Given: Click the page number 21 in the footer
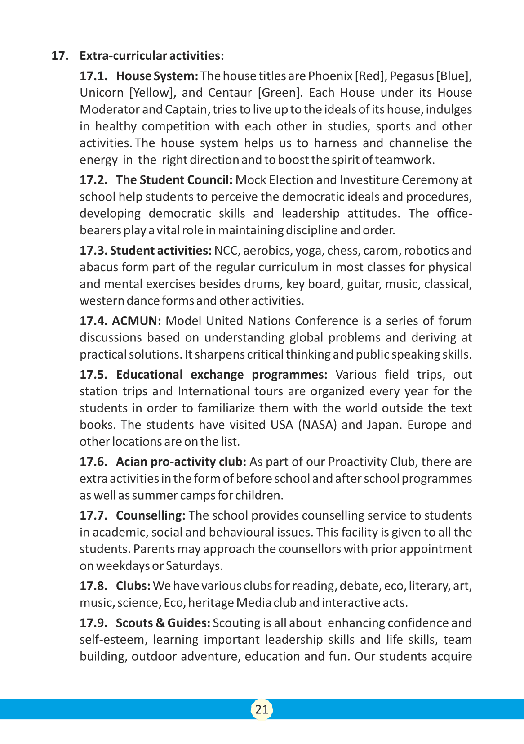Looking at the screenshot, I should (262, 709).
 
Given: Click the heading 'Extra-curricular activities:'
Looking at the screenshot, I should (151, 56).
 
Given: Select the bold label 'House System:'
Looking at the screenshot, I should (157, 76).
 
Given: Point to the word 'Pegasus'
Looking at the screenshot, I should (412, 76).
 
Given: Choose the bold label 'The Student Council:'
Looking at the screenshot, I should (174, 180).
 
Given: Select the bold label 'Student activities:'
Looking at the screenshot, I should (160, 251).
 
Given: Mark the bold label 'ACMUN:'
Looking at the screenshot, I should (136, 321).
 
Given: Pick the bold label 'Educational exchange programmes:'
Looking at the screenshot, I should (222, 375).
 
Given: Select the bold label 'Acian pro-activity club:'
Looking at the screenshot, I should (181, 462).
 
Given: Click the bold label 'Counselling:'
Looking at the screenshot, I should (151, 515).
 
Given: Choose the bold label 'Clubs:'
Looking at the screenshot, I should (133, 586).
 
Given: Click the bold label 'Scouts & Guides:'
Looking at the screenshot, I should (163, 623).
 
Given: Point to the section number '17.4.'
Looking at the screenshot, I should (93, 321).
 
